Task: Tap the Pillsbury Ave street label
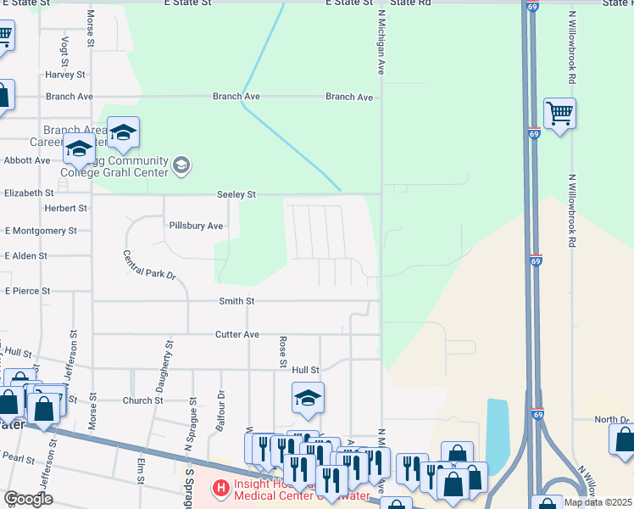pos(196,227)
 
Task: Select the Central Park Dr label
pos(148,265)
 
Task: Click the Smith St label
pos(237,301)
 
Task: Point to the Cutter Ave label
pos(239,334)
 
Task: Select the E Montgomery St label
pos(41,231)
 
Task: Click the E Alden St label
pos(25,255)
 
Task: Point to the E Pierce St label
pos(27,291)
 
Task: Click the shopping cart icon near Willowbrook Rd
pos(559,113)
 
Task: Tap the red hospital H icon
pos(220,489)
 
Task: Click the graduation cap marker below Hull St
pos(308,397)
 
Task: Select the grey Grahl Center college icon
pos(180,165)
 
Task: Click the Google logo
pos(28,500)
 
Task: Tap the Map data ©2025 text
pos(598,502)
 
